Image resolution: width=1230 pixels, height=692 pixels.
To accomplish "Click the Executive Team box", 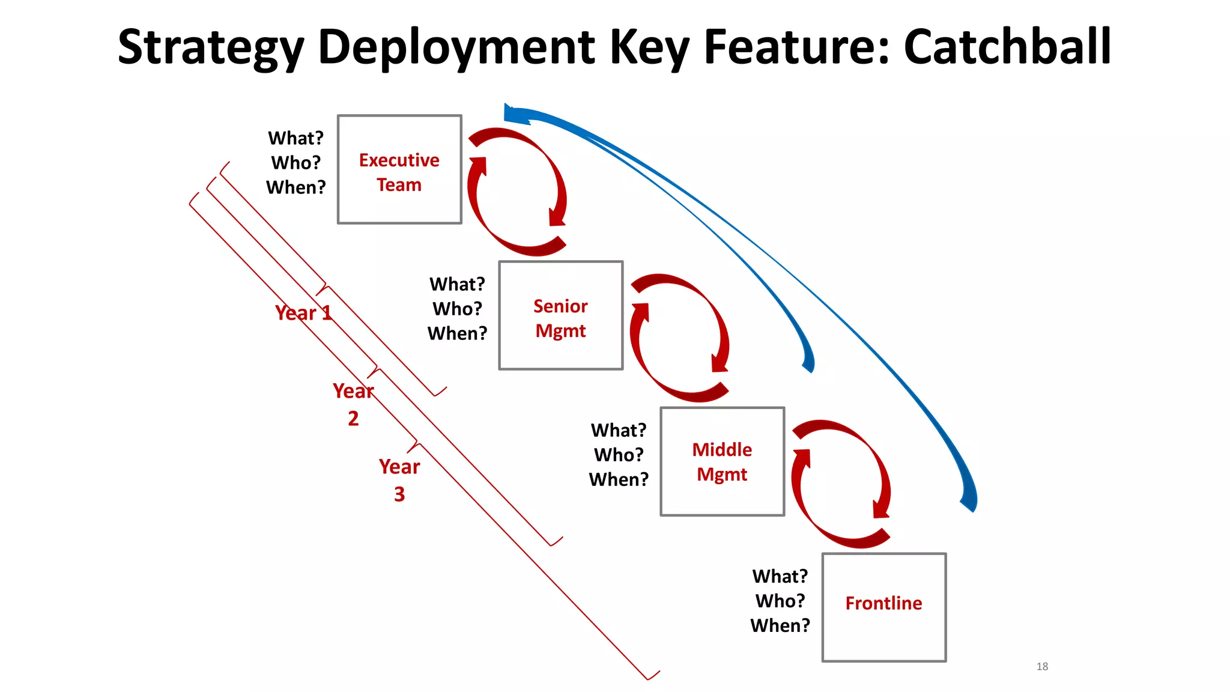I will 399,170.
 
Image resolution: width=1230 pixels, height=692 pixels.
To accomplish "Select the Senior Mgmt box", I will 560,316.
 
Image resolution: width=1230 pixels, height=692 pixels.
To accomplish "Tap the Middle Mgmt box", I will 722,461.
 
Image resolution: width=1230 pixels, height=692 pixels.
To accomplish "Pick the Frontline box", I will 883,607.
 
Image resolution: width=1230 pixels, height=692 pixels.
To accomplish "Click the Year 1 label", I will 303,313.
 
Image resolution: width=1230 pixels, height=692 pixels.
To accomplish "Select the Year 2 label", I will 353,404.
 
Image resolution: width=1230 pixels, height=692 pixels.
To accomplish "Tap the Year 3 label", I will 399,480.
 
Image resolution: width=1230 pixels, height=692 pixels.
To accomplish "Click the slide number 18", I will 1042,666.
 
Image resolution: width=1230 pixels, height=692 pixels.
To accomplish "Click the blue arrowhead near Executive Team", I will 515,114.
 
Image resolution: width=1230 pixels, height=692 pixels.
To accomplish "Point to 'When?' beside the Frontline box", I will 780,625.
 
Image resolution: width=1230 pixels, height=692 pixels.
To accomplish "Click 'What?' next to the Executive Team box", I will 295,138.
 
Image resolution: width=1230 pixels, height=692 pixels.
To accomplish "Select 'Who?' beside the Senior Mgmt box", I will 457,309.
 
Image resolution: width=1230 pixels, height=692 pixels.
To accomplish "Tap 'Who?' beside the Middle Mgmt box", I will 619,455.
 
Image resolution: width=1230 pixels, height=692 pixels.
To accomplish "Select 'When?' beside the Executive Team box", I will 295,187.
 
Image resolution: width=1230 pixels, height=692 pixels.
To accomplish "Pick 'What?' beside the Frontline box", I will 780,576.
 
